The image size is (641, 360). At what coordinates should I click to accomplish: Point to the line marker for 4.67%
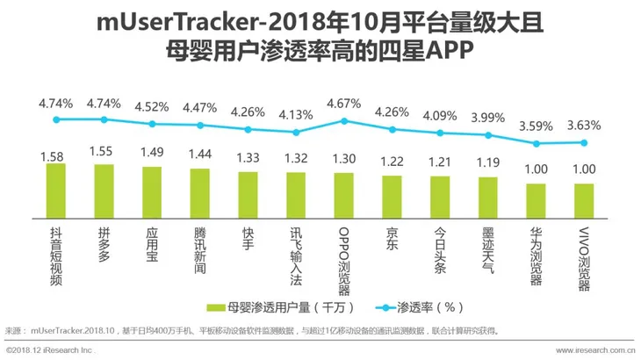pyautogui.click(x=344, y=121)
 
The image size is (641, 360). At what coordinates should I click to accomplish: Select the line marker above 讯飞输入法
pyautogui.click(x=296, y=133)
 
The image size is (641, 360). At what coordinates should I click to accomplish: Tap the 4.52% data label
pyautogui.click(x=152, y=107)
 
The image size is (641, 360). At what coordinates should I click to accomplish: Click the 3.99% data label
pyautogui.click(x=487, y=117)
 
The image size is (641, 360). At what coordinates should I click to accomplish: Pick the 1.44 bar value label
pyautogui.click(x=200, y=154)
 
